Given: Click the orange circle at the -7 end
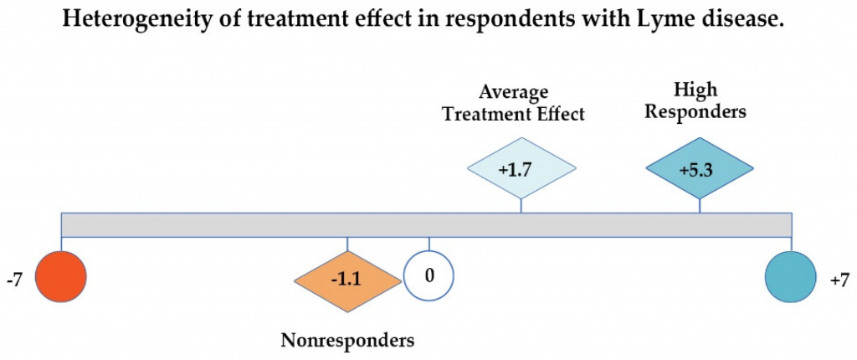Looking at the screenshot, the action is point(60,276).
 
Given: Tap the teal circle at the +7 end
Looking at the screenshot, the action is point(791,276).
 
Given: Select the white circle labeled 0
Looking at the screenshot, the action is point(429,276).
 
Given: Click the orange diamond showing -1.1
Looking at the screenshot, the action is point(347,282).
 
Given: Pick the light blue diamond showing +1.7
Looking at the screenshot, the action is point(521,168).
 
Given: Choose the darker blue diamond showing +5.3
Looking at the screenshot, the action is point(700,168).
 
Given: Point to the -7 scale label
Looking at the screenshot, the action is point(14,281).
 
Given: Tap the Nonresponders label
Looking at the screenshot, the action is point(347,340).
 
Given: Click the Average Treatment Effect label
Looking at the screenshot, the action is point(514,103).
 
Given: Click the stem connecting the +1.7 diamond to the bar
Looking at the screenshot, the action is point(521,206).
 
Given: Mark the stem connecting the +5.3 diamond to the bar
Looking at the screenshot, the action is point(700,206).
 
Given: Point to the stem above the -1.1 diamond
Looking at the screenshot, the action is point(347,244).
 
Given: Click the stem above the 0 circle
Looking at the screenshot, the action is point(429,244).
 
